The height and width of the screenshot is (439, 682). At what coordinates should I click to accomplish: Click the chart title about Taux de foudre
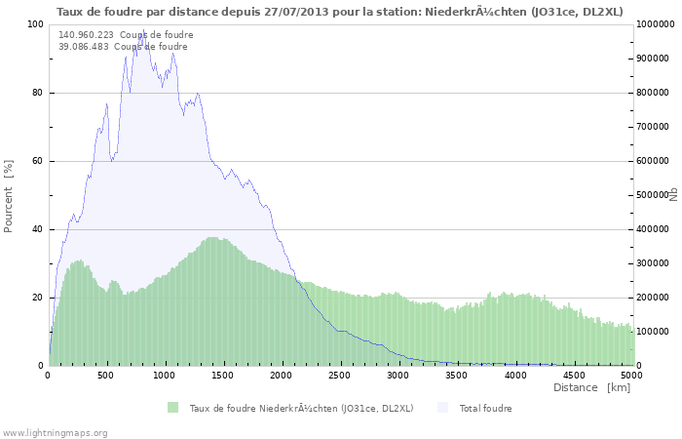tap(340, 11)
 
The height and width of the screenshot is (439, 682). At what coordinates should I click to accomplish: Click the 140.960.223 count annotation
tap(126, 34)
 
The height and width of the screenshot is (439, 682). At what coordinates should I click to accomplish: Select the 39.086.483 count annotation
tap(123, 46)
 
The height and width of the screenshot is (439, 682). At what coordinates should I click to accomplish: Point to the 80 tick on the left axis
tap(36, 93)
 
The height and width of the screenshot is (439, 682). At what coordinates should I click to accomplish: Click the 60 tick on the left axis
tap(36, 161)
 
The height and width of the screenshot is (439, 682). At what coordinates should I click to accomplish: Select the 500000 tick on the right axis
tap(652, 195)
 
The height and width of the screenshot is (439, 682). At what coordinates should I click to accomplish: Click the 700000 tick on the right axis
tap(652, 127)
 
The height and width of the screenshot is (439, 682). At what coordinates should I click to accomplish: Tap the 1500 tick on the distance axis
tap(223, 375)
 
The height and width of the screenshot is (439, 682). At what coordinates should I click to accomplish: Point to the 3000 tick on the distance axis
tap(398, 375)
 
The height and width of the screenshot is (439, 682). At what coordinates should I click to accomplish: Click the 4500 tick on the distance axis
tap(573, 375)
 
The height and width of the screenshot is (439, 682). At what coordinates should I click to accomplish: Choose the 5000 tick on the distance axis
tap(630, 375)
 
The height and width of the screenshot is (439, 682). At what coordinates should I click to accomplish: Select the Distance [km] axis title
tap(591, 387)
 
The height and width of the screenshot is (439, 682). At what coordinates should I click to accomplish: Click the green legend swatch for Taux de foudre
tap(172, 407)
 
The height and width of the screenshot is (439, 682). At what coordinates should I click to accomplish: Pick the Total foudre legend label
tap(485, 408)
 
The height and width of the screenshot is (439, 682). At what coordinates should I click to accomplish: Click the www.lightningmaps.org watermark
tap(55, 432)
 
